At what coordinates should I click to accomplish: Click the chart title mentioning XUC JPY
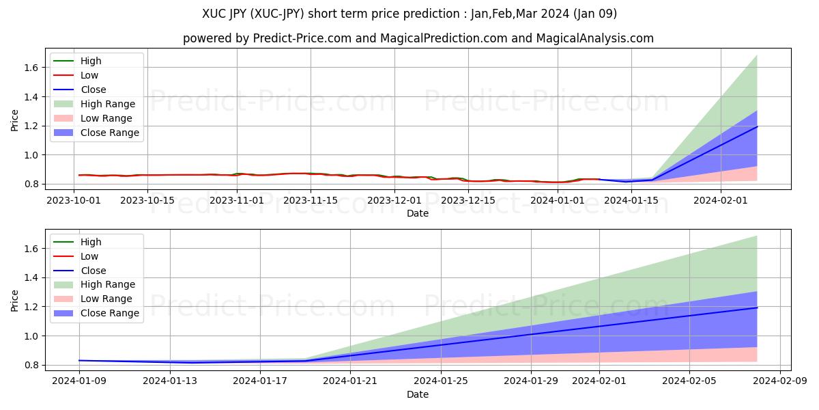[409, 14]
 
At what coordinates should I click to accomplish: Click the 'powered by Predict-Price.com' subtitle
[418, 38]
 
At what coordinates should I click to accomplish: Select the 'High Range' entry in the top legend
[108, 104]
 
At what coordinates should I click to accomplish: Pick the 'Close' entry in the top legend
[94, 90]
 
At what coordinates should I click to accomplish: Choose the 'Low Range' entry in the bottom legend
[106, 299]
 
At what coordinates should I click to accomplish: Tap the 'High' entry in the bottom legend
[91, 242]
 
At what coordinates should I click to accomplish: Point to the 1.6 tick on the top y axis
[32, 68]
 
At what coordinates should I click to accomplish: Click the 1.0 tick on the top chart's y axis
[32, 155]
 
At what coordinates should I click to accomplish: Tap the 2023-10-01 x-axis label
[74, 200]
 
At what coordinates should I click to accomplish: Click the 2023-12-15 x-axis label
[470, 200]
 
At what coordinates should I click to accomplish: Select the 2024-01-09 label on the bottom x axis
[79, 381]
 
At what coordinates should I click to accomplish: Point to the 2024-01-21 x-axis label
[350, 381]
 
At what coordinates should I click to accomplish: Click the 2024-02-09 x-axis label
[779, 381]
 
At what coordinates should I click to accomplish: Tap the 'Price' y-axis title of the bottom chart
[14, 300]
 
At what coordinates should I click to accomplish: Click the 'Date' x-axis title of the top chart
[418, 213]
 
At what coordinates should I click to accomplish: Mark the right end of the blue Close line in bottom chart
[757, 307]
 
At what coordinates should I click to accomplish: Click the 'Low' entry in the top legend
[89, 75]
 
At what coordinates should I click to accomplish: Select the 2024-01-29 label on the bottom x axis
[530, 381]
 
